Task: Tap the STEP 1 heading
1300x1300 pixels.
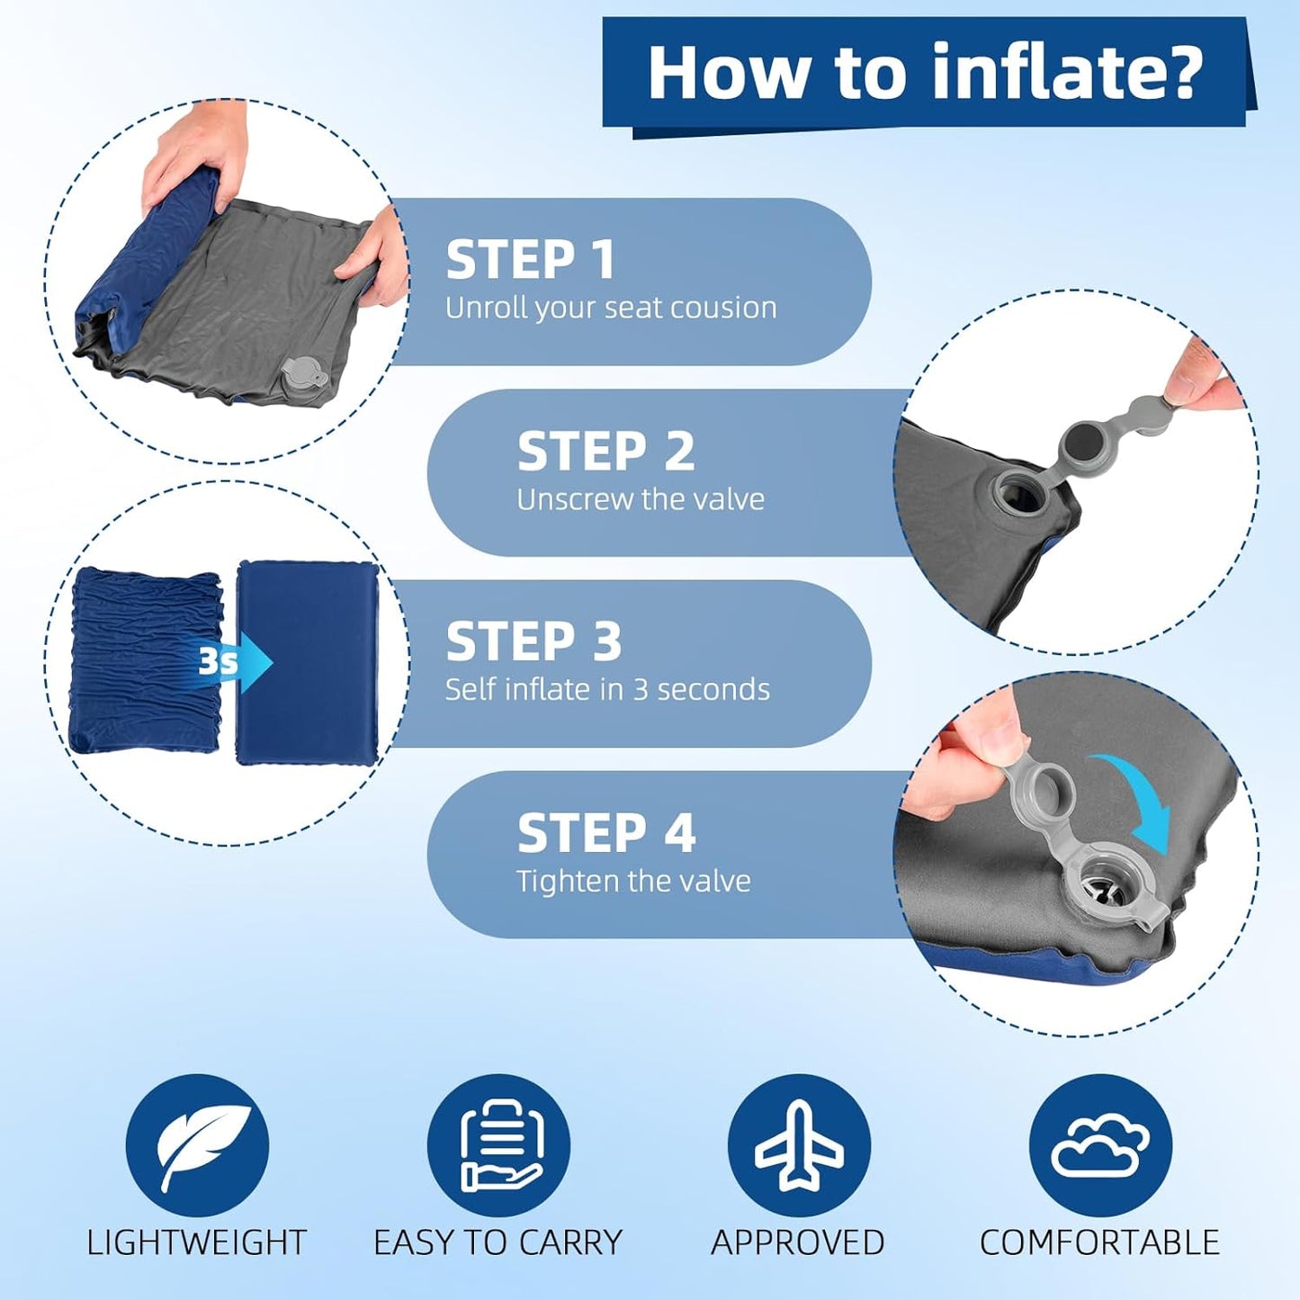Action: pyautogui.click(x=531, y=260)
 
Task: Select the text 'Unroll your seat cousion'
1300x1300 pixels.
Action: pyautogui.click(x=611, y=308)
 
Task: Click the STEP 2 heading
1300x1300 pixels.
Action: pyautogui.click(x=605, y=451)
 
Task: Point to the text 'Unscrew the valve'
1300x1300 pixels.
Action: pyautogui.click(x=641, y=499)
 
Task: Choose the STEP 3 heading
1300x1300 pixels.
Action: pyautogui.click(x=533, y=641)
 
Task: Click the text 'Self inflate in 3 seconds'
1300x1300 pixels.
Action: pyautogui.click(x=607, y=689)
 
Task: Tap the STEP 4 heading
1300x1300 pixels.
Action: pyautogui.click(x=606, y=833)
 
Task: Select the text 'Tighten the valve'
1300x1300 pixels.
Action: pyautogui.click(x=633, y=881)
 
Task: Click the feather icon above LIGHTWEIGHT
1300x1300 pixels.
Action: pyautogui.click(x=197, y=1145)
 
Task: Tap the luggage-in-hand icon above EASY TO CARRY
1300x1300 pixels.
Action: pyautogui.click(x=499, y=1145)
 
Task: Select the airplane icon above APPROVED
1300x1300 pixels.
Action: pyautogui.click(x=799, y=1145)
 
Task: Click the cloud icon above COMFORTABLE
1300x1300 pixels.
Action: pyautogui.click(x=1100, y=1145)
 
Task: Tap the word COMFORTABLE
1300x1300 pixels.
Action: pyautogui.click(x=1099, y=1242)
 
